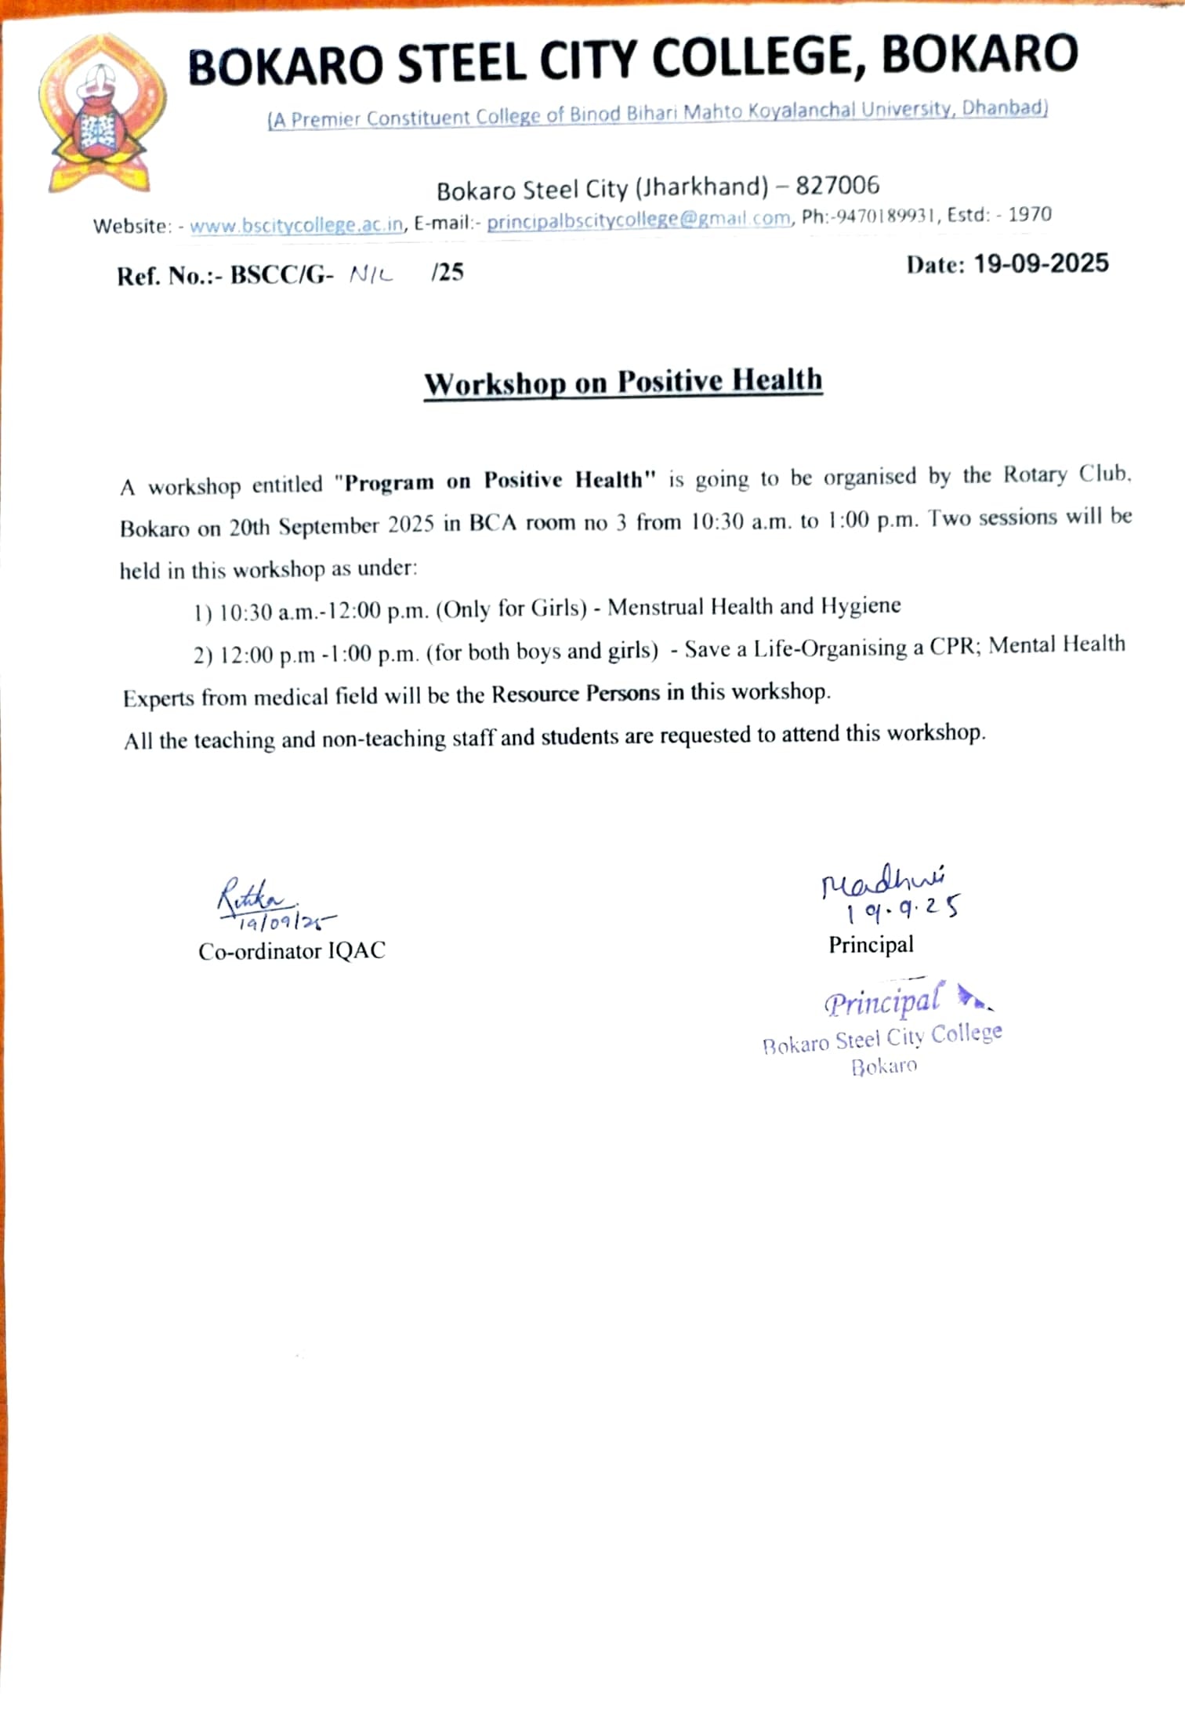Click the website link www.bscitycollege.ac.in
[296, 225]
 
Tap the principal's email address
[638, 220]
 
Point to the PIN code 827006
[837, 186]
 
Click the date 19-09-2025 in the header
[1041, 263]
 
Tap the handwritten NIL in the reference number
[371, 274]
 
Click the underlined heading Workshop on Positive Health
[623, 383]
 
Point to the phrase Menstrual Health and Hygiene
[754, 606]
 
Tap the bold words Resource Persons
[575, 694]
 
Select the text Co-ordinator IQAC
[292, 951]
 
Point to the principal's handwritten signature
[882, 882]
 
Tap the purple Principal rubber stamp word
[882, 1002]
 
